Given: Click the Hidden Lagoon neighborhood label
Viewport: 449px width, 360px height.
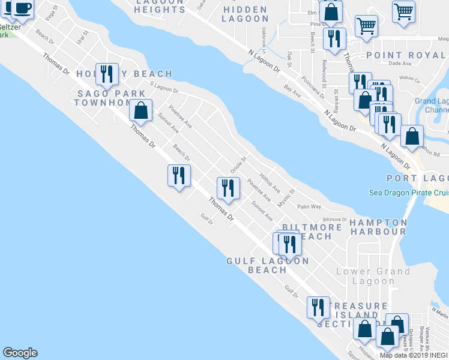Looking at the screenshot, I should point(244,14).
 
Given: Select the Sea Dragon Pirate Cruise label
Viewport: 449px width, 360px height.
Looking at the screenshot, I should point(409,193).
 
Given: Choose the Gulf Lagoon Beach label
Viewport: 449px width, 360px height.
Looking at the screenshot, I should point(268,265).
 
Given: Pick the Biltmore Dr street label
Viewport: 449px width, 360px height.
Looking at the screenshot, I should point(336,220).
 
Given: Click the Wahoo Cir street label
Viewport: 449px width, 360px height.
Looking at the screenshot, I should point(410,78).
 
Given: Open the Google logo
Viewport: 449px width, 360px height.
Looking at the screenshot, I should point(20,353).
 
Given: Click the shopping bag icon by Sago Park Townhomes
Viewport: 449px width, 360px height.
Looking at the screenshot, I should point(140,110).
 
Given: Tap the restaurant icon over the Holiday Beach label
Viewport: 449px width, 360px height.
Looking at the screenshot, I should point(107,74).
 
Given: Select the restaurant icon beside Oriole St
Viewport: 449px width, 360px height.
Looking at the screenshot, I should point(228,187).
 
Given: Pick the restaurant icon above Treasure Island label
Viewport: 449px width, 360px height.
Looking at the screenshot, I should point(318,307).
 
